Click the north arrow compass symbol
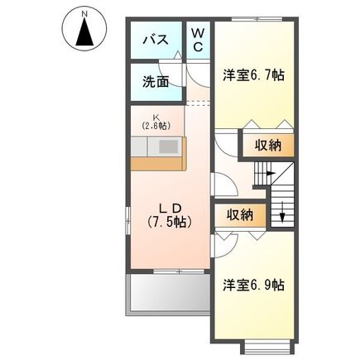pyautogui.click(x=84, y=31)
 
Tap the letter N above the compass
pyautogui.click(x=85, y=13)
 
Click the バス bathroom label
pyautogui.click(x=156, y=40)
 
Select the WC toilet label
pyautogui.click(x=198, y=41)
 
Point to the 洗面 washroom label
pyautogui.click(x=156, y=81)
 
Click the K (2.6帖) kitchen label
pyautogui.click(x=156, y=122)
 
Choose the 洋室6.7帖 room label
pyautogui.click(x=253, y=74)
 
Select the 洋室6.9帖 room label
pyautogui.click(x=253, y=285)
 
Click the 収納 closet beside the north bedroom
pyautogui.click(x=268, y=145)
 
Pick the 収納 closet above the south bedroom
pyautogui.click(x=240, y=214)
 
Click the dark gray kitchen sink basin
pyautogui.click(x=169, y=146)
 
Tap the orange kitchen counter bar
pyautogui.click(x=158, y=163)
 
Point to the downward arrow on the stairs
pyautogui.click(x=281, y=212)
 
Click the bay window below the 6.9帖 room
pyautogui.click(x=266, y=348)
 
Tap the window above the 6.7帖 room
pyautogui.click(x=257, y=19)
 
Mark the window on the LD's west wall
pyautogui.click(x=127, y=220)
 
